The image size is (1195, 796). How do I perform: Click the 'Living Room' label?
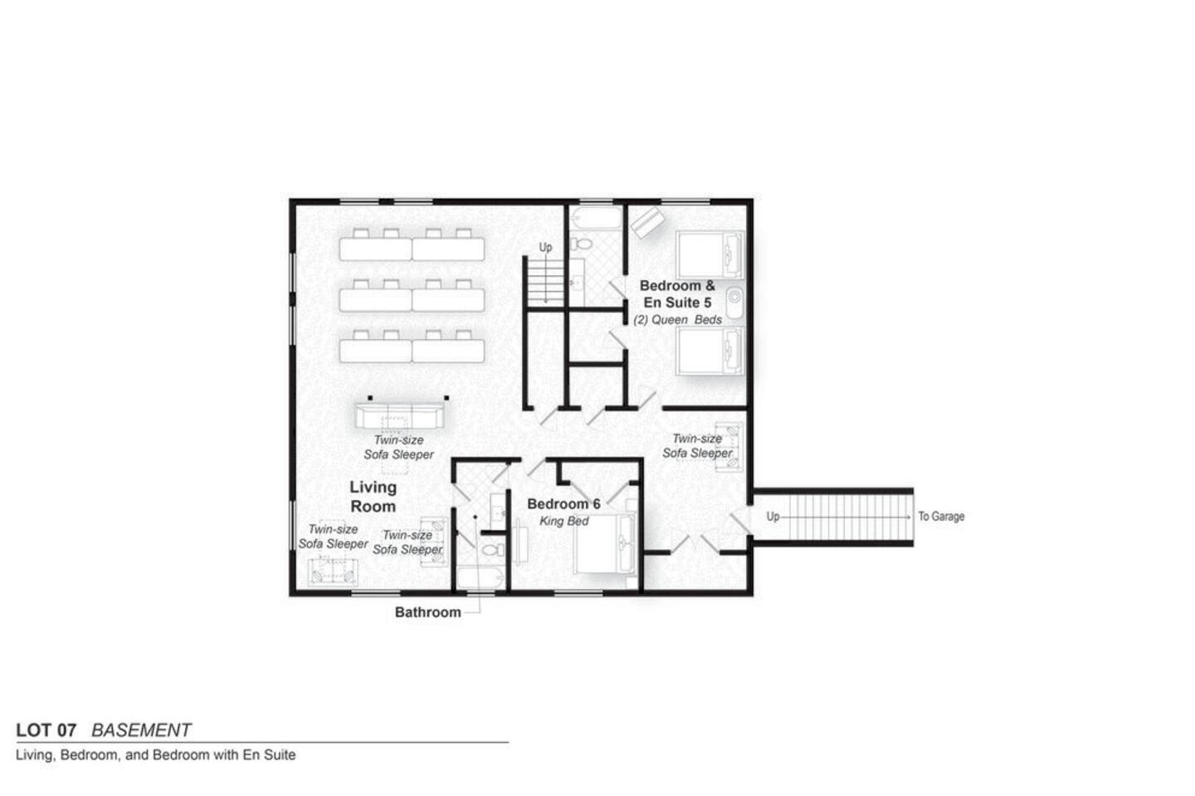(373, 497)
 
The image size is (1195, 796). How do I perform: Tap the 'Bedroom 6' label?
(564, 504)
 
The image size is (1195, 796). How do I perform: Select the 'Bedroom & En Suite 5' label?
(677, 294)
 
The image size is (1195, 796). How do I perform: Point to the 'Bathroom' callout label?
(428, 612)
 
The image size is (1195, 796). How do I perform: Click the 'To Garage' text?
(941, 516)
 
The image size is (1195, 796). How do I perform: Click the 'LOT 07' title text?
(46, 730)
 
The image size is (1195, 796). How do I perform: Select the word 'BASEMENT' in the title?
(141, 730)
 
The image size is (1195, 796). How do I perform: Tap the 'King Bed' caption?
(564, 521)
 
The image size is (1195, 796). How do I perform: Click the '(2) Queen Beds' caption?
(677, 319)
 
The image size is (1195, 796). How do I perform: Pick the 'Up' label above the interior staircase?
(545, 247)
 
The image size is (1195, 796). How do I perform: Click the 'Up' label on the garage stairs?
(773, 516)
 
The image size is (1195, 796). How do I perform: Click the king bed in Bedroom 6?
(606, 543)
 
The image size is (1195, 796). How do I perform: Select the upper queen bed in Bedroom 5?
(710, 255)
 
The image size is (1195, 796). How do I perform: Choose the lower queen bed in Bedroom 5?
(710, 350)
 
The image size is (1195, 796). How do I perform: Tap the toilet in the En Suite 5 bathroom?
(582, 244)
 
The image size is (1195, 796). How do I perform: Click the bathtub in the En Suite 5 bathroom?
(595, 218)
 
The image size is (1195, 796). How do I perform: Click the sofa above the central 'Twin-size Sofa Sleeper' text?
(400, 415)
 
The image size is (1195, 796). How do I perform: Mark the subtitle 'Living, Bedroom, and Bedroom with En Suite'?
(156, 755)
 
